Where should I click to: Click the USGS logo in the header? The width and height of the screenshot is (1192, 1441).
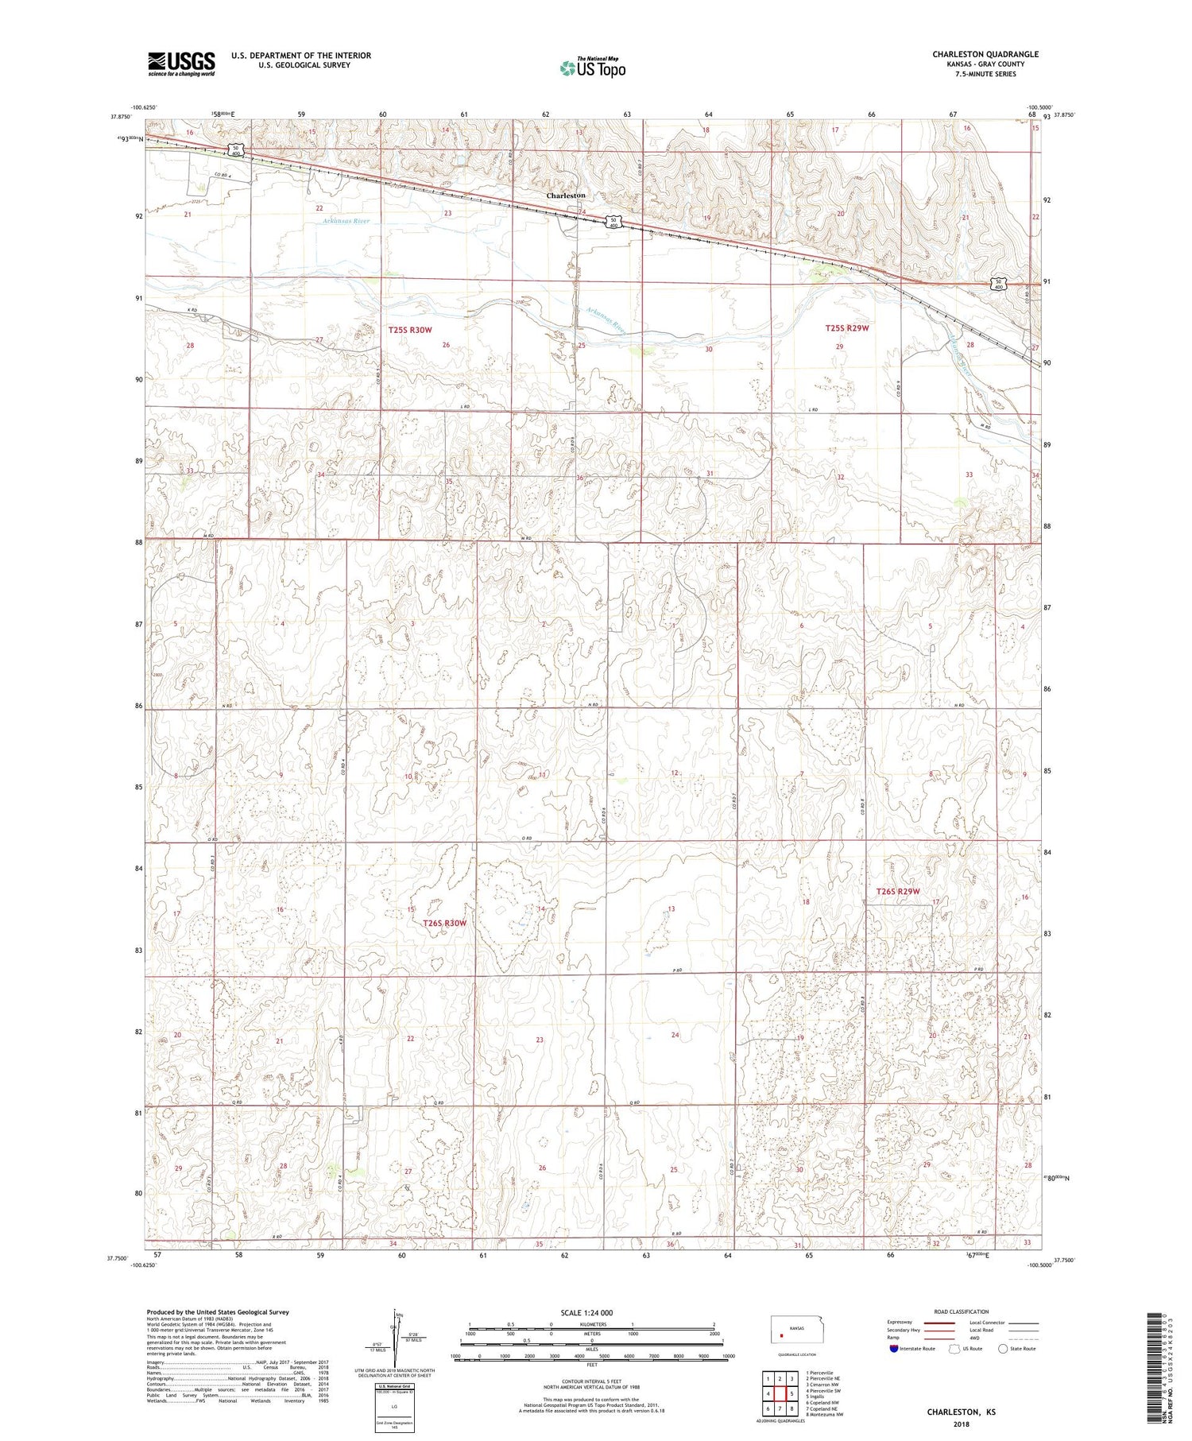click(181, 64)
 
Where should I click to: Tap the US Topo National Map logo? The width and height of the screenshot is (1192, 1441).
click(592, 68)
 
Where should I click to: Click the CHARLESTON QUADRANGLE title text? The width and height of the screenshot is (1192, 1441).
click(985, 54)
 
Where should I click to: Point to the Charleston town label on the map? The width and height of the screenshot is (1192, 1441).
click(565, 196)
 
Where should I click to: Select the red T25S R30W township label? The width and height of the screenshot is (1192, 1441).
click(410, 329)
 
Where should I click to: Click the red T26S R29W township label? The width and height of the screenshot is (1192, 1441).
click(898, 892)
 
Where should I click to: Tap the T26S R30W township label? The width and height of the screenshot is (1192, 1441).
click(444, 924)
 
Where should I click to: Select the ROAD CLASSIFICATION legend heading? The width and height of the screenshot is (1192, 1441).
click(962, 1311)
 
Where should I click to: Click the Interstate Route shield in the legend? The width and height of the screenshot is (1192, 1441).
click(895, 1349)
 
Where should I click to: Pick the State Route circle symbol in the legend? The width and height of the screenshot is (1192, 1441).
click(1003, 1349)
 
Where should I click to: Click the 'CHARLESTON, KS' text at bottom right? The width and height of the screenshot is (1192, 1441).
click(961, 1412)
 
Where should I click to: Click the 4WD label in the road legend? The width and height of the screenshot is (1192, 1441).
click(974, 1338)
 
